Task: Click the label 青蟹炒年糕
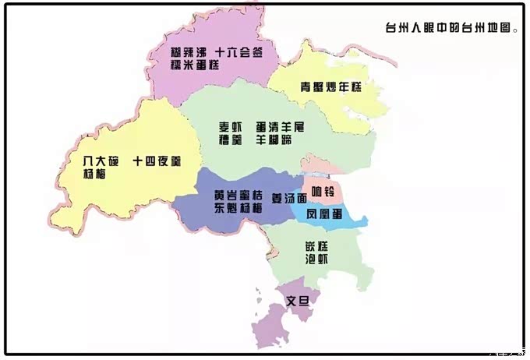pyautogui.click(x=331, y=86)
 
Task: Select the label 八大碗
pyautogui.click(x=101, y=161)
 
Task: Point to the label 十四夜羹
pyautogui.click(x=157, y=161)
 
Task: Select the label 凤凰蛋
pyautogui.click(x=325, y=213)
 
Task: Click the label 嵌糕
pyautogui.click(x=316, y=246)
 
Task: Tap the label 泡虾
pyautogui.click(x=316, y=260)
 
